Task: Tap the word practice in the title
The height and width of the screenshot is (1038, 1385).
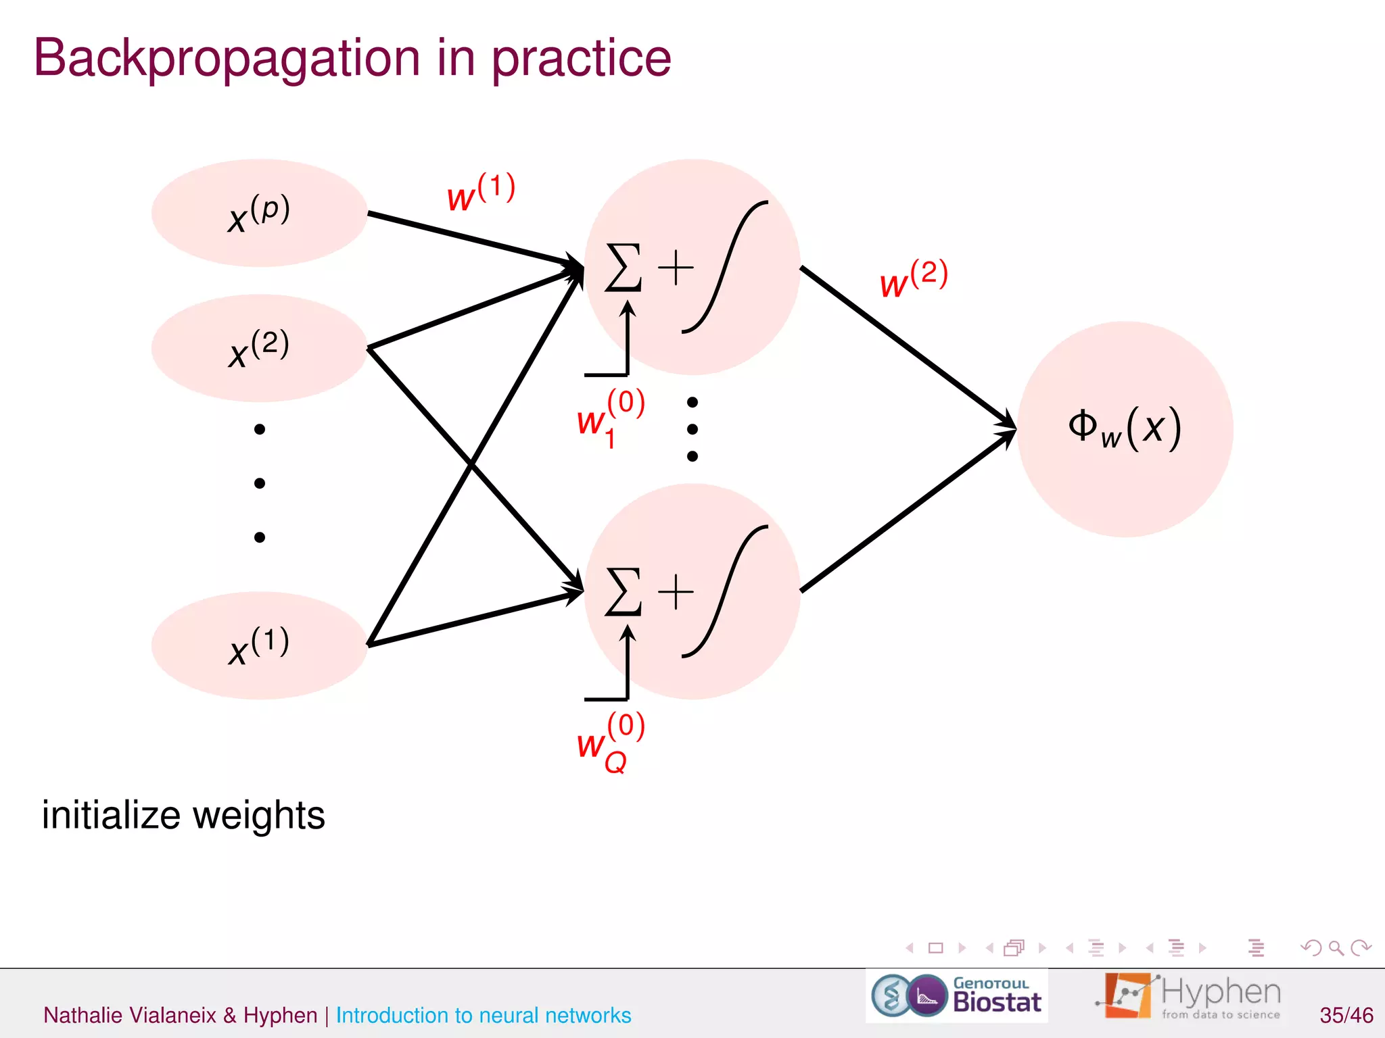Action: (581, 59)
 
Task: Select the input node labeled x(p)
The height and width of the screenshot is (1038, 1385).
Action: (259, 213)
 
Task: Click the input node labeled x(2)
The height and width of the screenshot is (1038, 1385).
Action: (259, 348)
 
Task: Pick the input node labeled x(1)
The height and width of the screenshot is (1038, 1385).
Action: (259, 645)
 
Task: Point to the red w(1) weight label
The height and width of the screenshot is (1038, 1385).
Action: (481, 193)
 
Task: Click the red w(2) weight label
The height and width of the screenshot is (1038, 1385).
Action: (914, 279)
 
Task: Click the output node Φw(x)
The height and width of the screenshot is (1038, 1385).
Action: (1125, 429)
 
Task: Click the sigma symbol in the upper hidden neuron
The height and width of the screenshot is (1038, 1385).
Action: (623, 268)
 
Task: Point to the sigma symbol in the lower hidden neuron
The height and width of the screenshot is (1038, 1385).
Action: (623, 592)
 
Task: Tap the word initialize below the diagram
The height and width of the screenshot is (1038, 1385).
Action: (112, 814)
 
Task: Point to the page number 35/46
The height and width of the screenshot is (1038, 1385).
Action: (1346, 1015)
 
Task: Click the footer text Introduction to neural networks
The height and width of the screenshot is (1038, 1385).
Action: (483, 1015)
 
